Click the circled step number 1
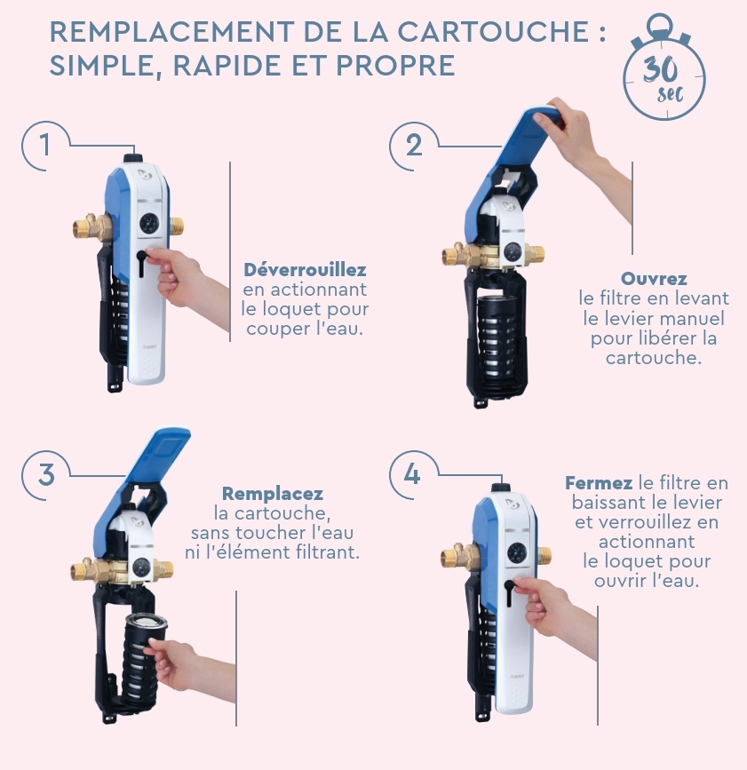coord(45,146)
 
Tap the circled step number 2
coord(414,146)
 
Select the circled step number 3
coord(45,475)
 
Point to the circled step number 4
coord(412,475)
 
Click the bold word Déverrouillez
coord(305,270)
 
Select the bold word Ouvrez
coord(654,279)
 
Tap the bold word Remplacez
coord(273,493)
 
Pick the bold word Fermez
coord(598,483)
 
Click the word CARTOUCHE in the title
coord(493,31)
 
